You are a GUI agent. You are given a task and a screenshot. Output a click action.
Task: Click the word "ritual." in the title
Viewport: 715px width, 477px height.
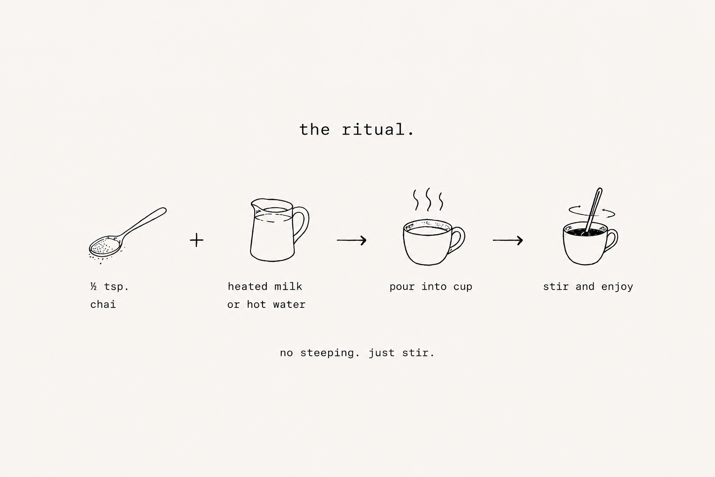(x=378, y=129)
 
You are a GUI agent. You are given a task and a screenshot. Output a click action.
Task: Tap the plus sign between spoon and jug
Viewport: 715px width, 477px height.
(x=196, y=240)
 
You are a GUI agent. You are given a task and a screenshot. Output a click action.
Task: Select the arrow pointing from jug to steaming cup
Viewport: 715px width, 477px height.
(x=351, y=240)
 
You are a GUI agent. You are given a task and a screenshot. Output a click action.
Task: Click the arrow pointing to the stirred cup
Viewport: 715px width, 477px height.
(x=508, y=240)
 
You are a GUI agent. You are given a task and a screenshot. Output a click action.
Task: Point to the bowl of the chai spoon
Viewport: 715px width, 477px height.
(x=104, y=246)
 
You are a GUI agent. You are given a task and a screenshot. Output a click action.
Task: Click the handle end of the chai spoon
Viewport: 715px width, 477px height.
(x=163, y=210)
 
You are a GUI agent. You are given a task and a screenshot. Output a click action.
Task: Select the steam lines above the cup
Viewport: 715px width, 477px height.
(x=428, y=199)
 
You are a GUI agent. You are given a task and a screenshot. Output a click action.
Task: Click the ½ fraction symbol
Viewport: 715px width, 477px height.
(x=94, y=286)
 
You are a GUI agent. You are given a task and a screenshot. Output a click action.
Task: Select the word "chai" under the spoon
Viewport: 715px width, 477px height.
(x=103, y=305)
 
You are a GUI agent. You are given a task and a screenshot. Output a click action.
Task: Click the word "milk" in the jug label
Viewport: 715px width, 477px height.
(x=288, y=286)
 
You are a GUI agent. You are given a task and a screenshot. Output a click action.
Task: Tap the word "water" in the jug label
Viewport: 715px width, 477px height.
(x=289, y=305)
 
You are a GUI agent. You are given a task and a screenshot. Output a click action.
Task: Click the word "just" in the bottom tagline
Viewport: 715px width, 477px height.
(x=382, y=353)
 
